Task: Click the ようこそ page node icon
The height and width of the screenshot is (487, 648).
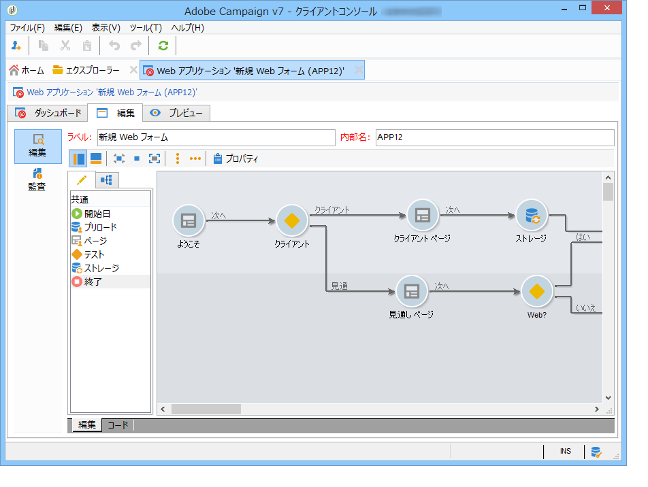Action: [189, 220]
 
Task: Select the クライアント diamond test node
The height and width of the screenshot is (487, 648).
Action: [292, 220]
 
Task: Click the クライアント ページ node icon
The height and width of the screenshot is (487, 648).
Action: [423, 215]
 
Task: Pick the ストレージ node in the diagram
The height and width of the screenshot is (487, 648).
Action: [531, 215]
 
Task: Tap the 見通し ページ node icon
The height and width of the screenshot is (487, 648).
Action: [412, 291]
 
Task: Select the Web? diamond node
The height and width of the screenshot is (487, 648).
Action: [537, 291]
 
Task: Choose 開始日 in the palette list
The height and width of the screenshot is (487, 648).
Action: [97, 214]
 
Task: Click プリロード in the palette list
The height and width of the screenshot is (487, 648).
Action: [99, 227]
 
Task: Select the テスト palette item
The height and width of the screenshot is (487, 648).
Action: [94, 254]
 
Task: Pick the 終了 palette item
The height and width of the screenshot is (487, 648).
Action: [93, 282]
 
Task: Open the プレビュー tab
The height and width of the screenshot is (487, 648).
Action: [177, 113]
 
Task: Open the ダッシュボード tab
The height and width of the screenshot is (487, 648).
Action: [50, 113]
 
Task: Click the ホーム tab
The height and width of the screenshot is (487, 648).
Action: [27, 70]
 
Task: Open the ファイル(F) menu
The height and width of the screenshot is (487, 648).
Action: [27, 28]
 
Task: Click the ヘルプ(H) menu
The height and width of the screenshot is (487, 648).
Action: [187, 28]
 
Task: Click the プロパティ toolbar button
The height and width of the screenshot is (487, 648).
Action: [236, 158]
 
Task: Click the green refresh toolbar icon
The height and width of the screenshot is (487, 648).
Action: [163, 46]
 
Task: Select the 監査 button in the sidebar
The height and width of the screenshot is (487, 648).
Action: [37, 180]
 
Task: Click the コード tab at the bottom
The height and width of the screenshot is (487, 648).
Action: [118, 425]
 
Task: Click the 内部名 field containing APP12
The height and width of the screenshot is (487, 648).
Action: [494, 137]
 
